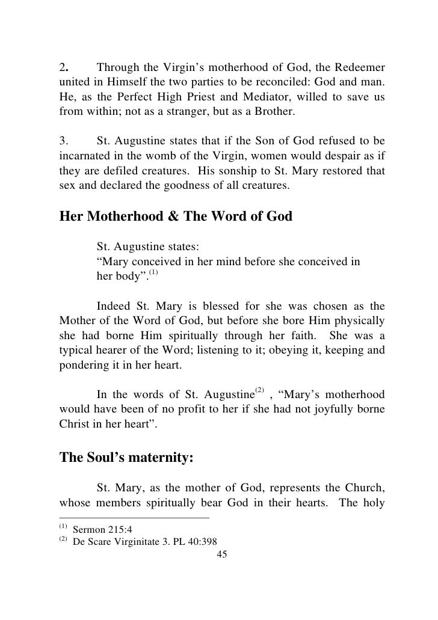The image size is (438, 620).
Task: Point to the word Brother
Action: tap(274, 111)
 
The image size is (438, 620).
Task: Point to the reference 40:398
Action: tap(202, 544)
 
